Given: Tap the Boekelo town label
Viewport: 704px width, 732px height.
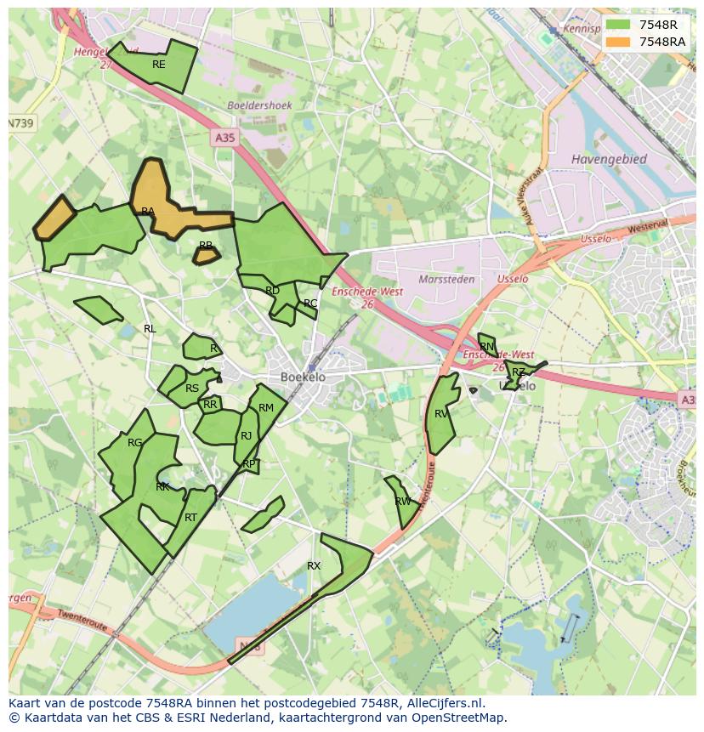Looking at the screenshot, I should click(x=303, y=377).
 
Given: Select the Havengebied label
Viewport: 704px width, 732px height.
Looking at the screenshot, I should click(x=609, y=159).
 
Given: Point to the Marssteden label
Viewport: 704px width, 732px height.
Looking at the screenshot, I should click(x=446, y=279).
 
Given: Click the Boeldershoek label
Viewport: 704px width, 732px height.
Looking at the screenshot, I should click(x=259, y=105).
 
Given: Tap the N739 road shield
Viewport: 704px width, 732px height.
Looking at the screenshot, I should click(x=21, y=123).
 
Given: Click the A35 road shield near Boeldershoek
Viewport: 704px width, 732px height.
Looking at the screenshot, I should click(x=224, y=137).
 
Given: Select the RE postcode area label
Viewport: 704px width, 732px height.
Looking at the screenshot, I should click(x=159, y=65).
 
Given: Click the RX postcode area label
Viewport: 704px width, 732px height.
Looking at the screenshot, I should click(x=314, y=565).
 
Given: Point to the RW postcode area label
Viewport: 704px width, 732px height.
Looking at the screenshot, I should click(x=403, y=502).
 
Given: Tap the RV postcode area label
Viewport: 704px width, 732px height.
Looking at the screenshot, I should click(x=441, y=414).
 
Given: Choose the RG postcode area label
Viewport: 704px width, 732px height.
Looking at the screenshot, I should click(x=135, y=443).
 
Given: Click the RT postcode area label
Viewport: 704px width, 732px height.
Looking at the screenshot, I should click(x=190, y=518).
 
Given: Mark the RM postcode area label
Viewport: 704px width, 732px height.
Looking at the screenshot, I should click(x=266, y=408).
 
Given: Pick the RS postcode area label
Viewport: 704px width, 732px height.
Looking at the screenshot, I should click(x=192, y=389).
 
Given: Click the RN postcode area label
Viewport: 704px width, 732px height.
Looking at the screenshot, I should click(x=486, y=347).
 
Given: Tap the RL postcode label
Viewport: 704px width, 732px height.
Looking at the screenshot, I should click(x=150, y=329).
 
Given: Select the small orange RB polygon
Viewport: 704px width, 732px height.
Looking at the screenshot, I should click(x=207, y=254).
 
